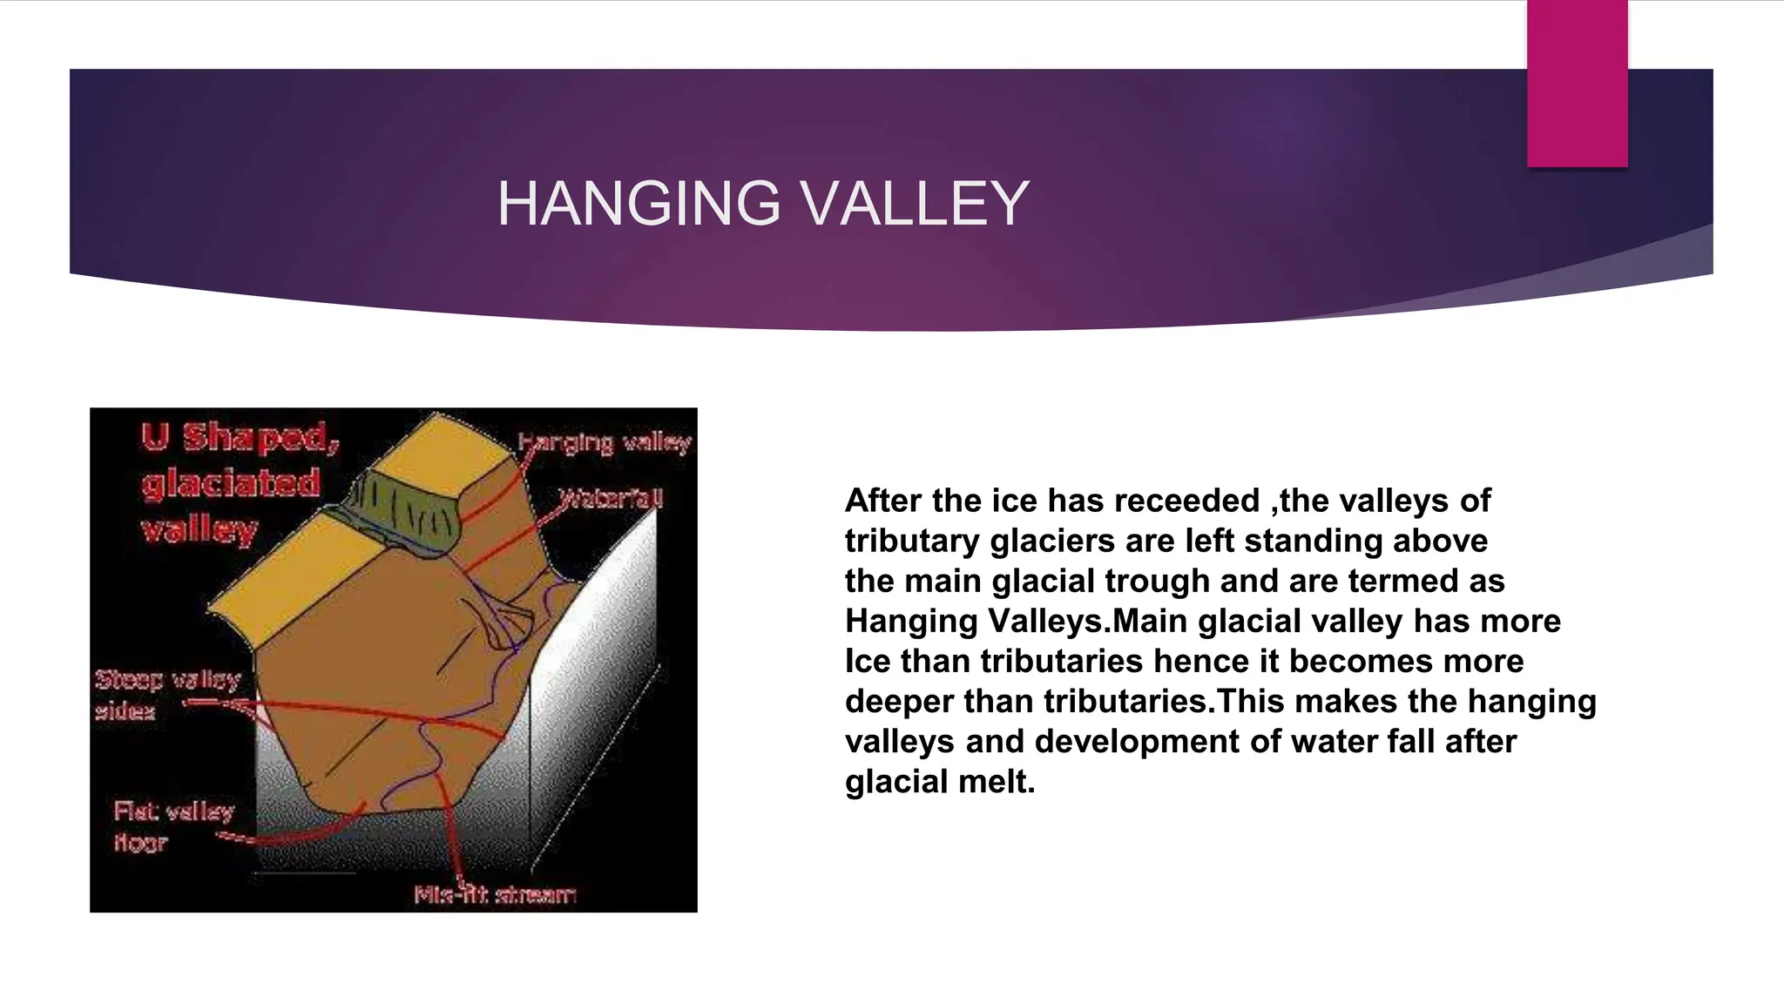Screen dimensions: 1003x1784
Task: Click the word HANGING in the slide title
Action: [639, 204]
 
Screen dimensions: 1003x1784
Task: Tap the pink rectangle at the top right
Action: [1577, 83]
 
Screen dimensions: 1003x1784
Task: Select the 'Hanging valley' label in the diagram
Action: [605, 443]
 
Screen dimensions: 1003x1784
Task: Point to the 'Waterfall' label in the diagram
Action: [611, 499]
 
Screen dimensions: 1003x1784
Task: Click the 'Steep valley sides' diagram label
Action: [166, 695]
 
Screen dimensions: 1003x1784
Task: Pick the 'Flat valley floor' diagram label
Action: [173, 826]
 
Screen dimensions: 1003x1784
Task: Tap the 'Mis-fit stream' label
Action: [495, 895]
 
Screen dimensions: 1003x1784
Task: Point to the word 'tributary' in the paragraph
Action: [912, 541]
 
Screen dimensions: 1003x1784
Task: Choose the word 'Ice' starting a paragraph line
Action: [867, 661]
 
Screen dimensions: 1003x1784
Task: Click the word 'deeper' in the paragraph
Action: [899, 701]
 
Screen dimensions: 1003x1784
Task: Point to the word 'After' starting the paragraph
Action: [883, 501]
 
